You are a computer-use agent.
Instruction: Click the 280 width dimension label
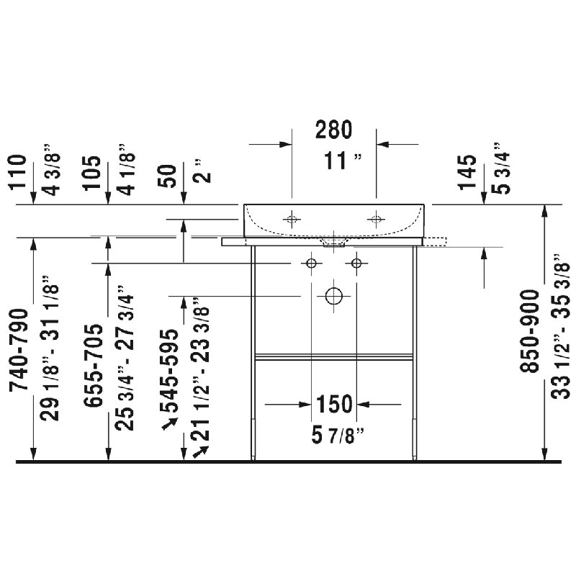tap(333, 130)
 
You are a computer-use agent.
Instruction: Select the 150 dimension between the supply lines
tap(334, 404)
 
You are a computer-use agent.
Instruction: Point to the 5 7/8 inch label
tap(338, 436)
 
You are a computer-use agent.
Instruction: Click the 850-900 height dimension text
tap(529, 331)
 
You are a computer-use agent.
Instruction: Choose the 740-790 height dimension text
tap(19, 350)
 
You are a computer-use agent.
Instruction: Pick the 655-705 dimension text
tap(93, 366)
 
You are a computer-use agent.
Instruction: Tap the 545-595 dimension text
tap(169, 371)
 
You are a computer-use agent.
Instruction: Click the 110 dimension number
tap(17, 172)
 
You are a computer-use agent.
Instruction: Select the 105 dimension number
tap(91, 173)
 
